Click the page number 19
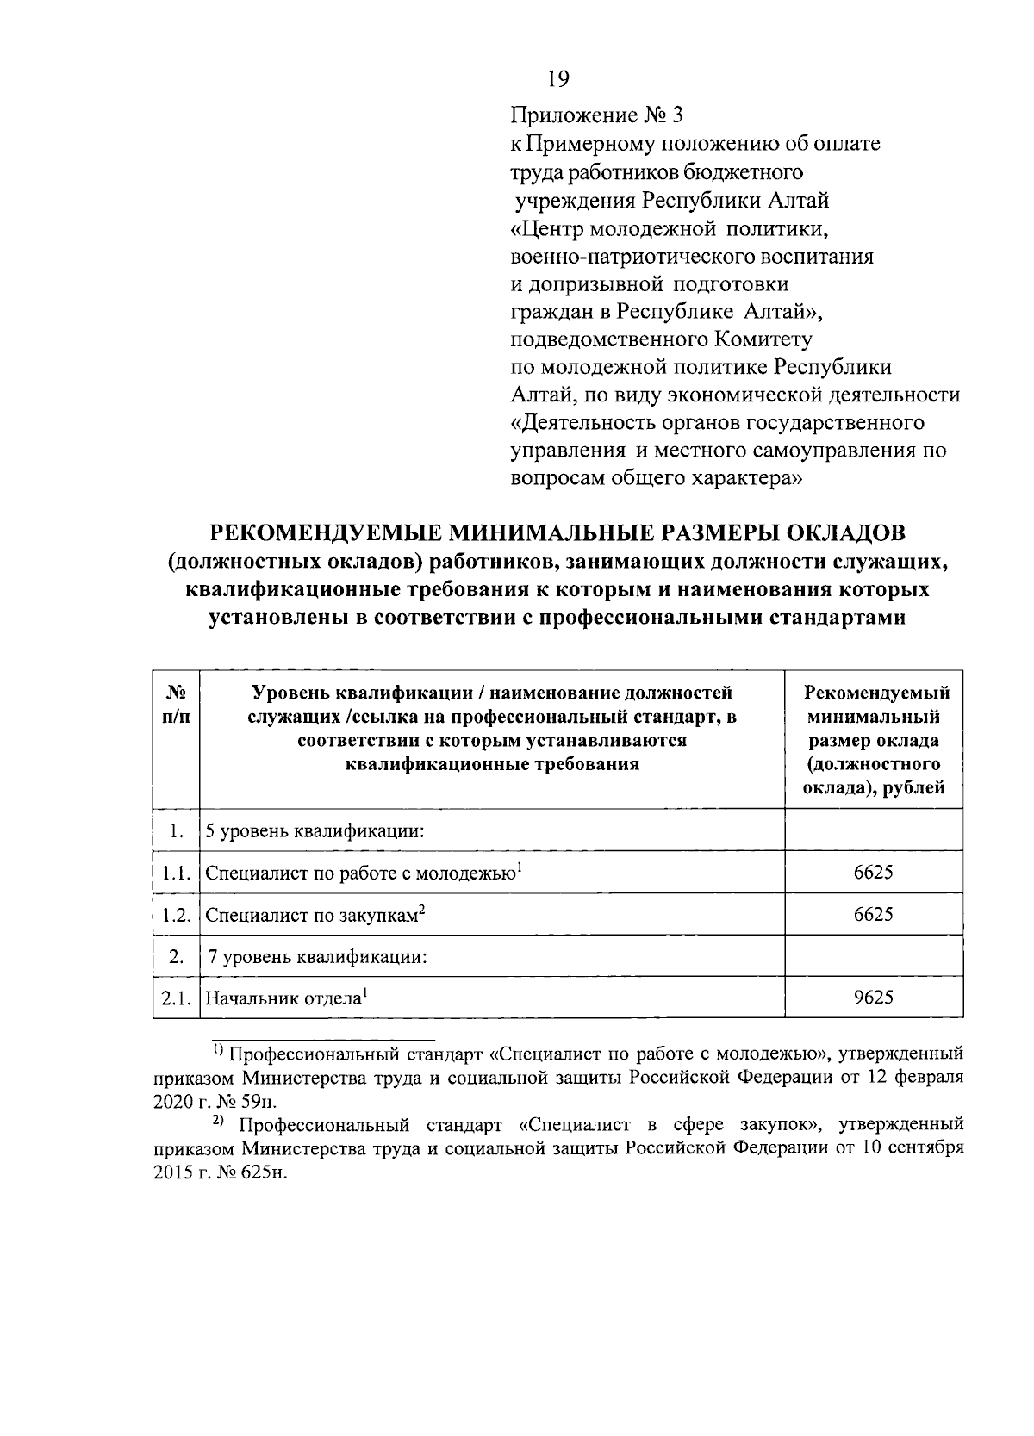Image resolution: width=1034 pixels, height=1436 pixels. coord(558,80)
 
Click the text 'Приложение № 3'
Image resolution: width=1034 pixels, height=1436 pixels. coord(596,115)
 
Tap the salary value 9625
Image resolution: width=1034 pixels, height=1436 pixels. coord(873,998)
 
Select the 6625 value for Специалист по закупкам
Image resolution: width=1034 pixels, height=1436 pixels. coord(873,914)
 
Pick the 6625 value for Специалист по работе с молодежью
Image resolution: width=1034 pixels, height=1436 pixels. coord(873,872)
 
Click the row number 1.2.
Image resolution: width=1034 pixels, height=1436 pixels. coord(175,915)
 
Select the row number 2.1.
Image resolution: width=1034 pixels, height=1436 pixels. coord(175,998)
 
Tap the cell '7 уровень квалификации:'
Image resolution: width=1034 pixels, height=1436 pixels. coord(317,956)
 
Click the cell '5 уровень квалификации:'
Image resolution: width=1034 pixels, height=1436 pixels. coord(317,832)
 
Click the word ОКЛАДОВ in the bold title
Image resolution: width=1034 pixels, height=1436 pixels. coord(838,534)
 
